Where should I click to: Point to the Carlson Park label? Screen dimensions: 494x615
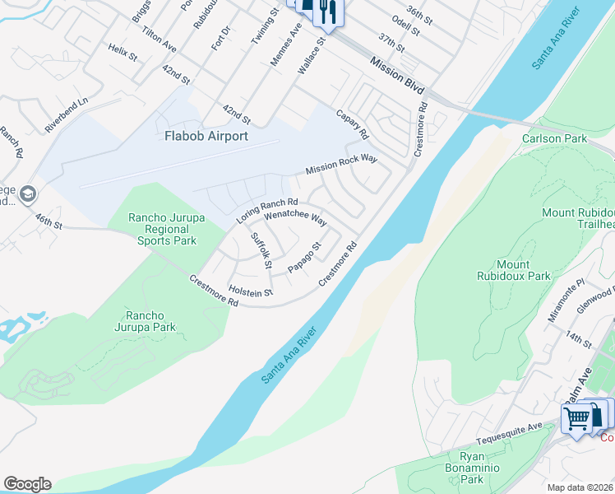(555, 138)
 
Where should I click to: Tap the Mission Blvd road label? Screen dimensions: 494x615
(397, 74)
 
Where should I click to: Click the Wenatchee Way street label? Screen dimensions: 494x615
(295, 222)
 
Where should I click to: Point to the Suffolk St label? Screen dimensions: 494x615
(261, 250)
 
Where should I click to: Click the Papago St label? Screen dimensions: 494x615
(303, 258)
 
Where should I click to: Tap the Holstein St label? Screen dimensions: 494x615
(251, 291)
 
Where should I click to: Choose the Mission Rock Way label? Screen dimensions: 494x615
(340, 164)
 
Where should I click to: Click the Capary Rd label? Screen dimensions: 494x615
(352, 123)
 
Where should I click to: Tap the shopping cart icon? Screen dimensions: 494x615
(576, 418)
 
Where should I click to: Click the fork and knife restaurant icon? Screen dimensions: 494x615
(327, 11)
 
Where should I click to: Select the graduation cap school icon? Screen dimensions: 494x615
(28, 194)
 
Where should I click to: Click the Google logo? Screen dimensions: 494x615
(27, 484)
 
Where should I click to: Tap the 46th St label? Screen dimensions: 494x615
(49, 221)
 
